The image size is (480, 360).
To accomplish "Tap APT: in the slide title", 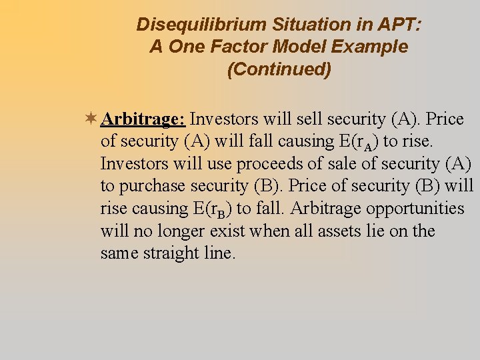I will tap(397, 25).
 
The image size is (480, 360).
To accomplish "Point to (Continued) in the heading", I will tap(279, 69).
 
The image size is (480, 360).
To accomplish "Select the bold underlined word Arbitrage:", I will tap(143, 119).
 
